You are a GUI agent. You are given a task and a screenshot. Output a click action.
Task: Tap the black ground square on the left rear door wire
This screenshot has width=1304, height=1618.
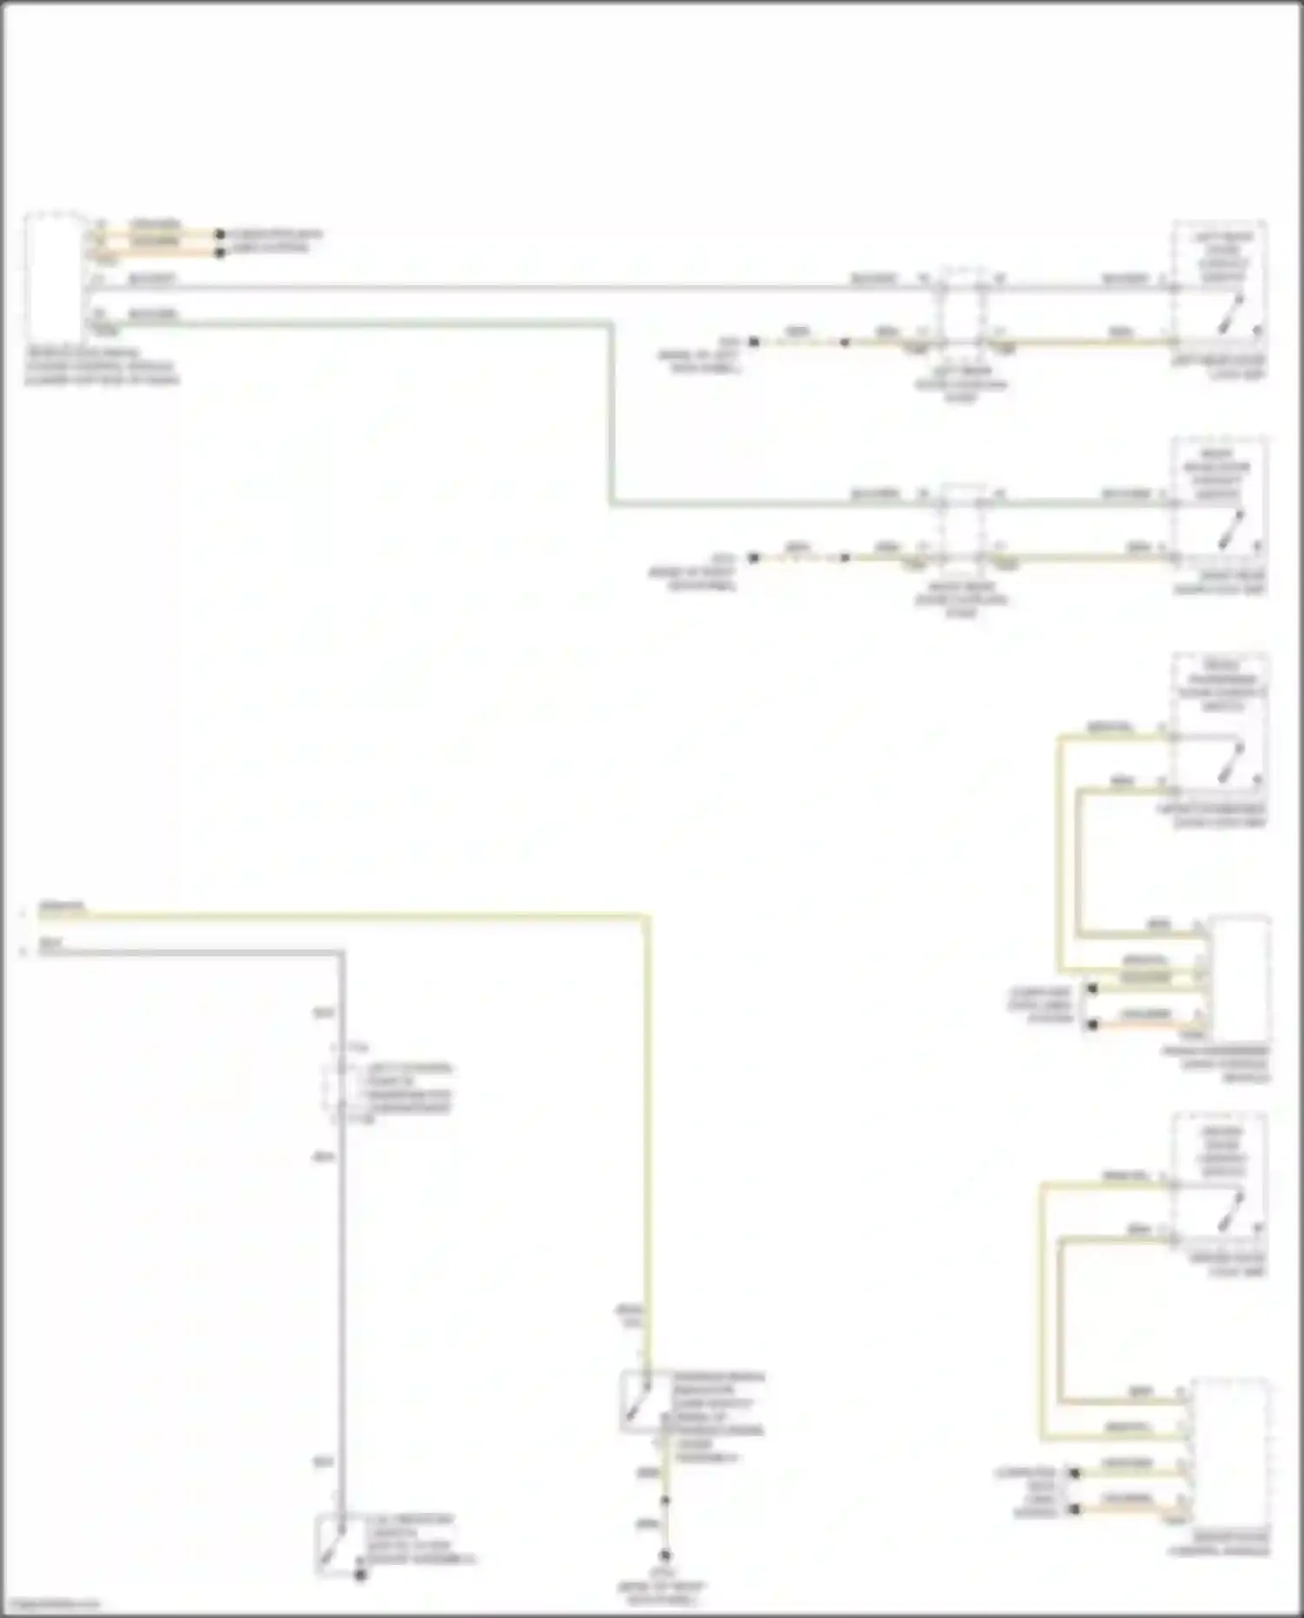(x=754, y=343)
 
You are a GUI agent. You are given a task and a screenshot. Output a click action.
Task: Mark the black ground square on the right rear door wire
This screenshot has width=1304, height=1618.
(x=754, y=557)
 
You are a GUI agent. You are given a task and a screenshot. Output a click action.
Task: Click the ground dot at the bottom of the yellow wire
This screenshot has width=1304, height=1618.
(x=665, y=1555)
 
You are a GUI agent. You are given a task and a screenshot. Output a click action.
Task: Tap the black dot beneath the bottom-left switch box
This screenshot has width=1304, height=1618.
(x=360, y=1575)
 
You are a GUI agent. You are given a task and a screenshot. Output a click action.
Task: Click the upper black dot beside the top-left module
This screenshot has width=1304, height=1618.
(x=220, y=235)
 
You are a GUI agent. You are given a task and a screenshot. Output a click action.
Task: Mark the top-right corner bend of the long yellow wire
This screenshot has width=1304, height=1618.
(x=646, y=916)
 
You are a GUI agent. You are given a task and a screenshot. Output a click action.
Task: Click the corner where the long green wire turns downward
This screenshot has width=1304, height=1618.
(x=611, y=325)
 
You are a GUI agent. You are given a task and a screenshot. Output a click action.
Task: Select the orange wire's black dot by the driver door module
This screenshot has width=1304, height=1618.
(x=1075, y=1508)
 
